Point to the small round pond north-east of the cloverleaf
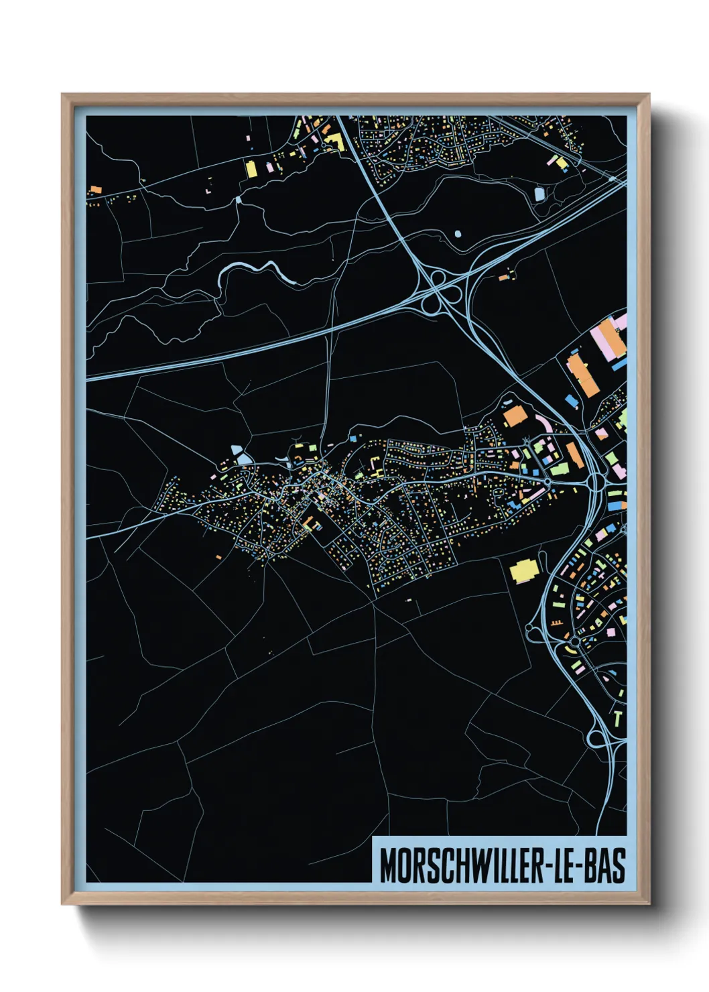[458, 234]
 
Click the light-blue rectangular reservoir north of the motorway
[539, 194]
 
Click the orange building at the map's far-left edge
[94, 190]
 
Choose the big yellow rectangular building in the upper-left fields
[252, 168]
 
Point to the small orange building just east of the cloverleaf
[503, 275]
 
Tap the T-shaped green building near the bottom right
[618, 718]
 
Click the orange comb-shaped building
[554, 623]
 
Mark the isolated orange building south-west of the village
[218, 556]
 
